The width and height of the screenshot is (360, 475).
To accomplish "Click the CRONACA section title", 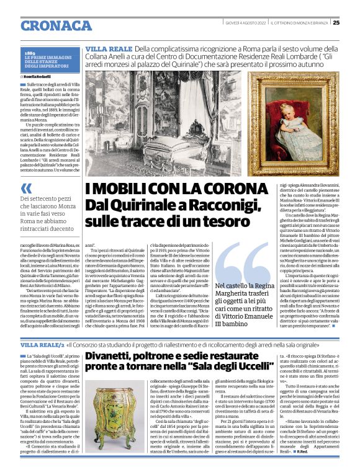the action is click(56, 25).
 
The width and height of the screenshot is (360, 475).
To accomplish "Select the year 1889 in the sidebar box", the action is click(30, 54).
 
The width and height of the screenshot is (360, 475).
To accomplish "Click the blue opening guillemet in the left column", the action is click(26, 187).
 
